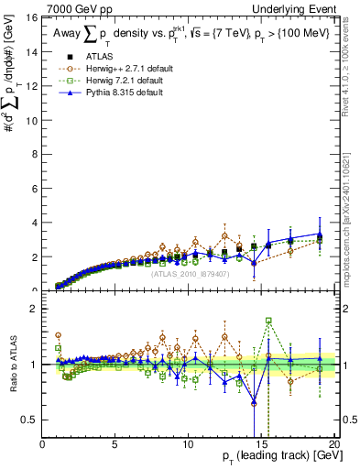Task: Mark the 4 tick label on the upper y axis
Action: coord(34,223)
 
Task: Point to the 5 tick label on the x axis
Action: coord(115,445)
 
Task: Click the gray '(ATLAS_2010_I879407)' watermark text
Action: coord(190,272)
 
